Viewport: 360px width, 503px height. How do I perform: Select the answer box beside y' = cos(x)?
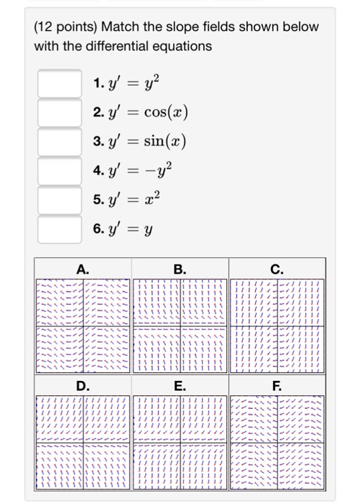59,112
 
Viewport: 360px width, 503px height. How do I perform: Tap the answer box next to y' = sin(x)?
59,142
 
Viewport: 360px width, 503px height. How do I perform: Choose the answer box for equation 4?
59,171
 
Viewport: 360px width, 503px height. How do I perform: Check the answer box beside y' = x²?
59,200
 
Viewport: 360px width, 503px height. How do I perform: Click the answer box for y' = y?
59,231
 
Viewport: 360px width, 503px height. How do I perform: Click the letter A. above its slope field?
83,269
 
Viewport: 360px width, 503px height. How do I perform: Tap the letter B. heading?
180,269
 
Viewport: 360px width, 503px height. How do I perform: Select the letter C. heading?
277,269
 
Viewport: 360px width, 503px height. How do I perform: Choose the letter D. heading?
83,386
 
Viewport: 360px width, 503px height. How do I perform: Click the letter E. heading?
180,386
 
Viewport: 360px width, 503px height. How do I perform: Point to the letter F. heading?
277,386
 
